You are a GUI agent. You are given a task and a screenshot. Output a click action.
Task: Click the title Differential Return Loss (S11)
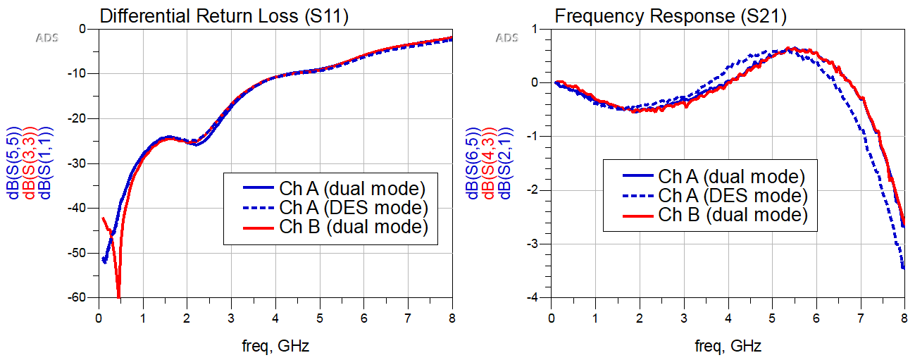(225, 15)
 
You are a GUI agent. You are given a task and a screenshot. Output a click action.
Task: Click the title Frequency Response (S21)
(671, 15)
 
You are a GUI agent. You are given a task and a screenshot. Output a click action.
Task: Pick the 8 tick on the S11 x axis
(452, 318)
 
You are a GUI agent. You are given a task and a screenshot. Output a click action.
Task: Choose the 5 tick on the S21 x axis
(772, 318)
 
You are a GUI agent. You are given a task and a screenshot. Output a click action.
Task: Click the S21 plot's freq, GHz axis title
(728, 346)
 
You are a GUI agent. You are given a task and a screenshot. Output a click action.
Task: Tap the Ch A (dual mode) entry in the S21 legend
(732, 176)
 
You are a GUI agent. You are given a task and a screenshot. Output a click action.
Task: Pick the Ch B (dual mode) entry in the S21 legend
(732, 214)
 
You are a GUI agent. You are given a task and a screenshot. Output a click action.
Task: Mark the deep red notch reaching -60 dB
(118, 294)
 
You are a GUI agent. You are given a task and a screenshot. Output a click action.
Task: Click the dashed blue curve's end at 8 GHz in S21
(904, 268)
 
